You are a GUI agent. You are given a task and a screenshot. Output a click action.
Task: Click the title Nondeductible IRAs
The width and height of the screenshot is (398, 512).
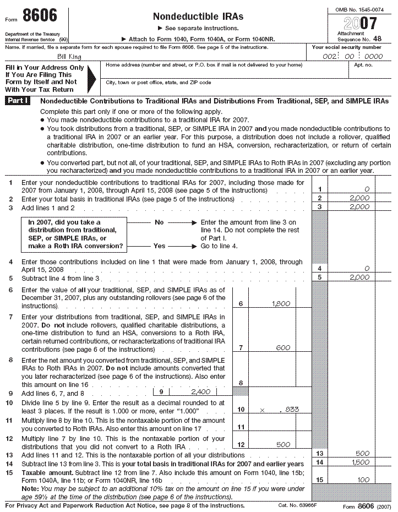(x=198, y=17)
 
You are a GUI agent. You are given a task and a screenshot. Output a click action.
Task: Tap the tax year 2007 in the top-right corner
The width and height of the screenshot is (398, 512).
(x=360, y=23)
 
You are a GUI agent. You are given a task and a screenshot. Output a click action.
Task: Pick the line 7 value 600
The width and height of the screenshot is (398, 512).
(x=283, y=347)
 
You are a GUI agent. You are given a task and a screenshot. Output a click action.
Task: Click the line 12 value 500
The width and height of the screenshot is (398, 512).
(x=283, y=444)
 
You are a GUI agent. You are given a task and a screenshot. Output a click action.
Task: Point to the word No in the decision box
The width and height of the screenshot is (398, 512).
(x=160, y=222)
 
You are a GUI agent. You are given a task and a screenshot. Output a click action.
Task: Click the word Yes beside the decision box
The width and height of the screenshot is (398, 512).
(x=160, y=246)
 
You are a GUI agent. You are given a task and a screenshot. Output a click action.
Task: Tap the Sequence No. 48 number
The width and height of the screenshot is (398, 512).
(x=375, y=40)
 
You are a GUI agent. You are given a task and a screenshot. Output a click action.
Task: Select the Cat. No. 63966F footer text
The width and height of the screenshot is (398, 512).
(x=298, y=505)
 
